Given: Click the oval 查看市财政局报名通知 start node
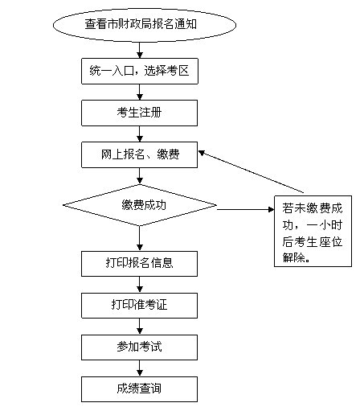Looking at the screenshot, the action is click(x=145, y=25).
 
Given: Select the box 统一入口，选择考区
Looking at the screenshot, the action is click(x=140, y=71).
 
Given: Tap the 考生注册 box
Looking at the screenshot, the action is click(x=139, y=113).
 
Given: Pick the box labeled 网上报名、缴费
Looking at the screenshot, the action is click(x=139, y=154).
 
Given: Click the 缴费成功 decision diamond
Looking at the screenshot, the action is click(x=140, y=205).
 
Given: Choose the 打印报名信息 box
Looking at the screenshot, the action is click(x=139, y=264).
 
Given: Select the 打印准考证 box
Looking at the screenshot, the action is click(x=139, y=306).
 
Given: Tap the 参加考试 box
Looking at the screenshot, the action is click(x=139, y=347).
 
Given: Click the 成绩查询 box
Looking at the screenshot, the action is click(x=139, y=389).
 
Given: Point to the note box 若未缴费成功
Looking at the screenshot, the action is click(x=313, y=231).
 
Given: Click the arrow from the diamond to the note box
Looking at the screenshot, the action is click(x=245, y=209).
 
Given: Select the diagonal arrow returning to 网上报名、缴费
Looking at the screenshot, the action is click(x=252, y=171).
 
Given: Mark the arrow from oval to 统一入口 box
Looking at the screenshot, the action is click(x=140, y=50).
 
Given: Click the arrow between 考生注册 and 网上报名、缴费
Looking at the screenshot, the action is click(x=140, y=134).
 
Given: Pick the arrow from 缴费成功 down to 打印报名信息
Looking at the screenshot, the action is click(x=140, y=239).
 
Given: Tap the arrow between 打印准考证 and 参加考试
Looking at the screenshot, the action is click(x=140, y=327).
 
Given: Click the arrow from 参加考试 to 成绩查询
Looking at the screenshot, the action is click(x=140, y=368).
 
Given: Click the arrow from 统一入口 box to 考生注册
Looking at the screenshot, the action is click(x=140, y=92).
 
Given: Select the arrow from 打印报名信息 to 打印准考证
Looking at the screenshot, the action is click(x=140, y=285).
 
